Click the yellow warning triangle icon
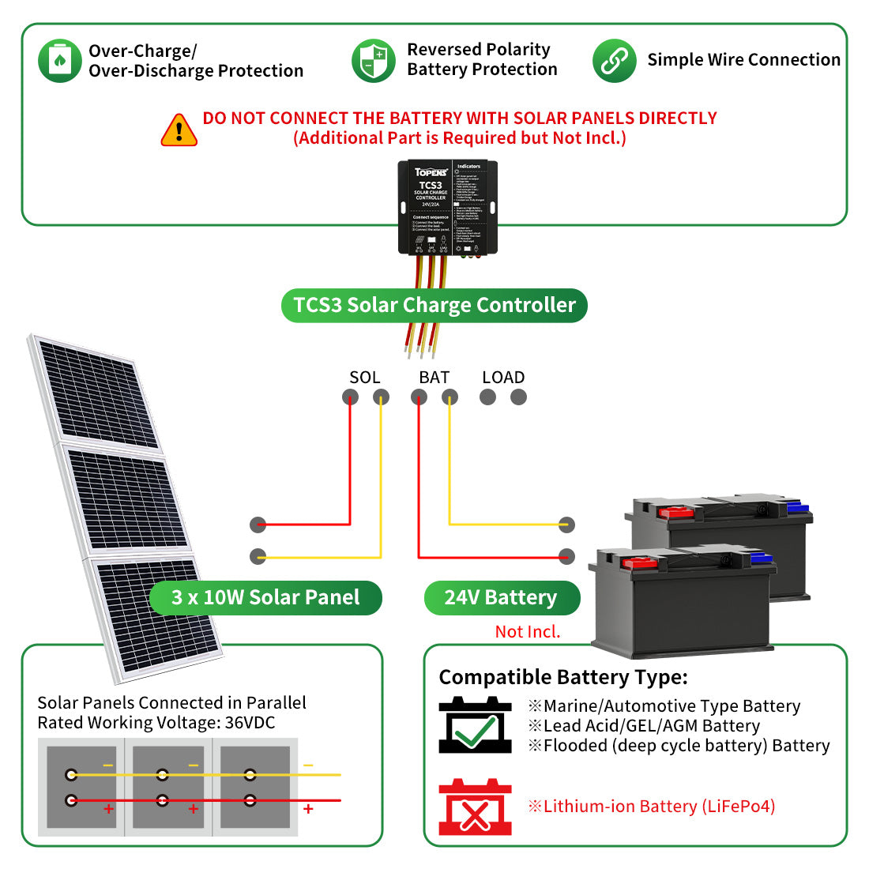(179, 130)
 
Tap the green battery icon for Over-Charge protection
(60, 61)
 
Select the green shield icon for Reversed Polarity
(373, 61)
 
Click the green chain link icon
(614, 61)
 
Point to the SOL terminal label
(364, 378)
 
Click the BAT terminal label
(434, 378)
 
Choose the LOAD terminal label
(503, 378)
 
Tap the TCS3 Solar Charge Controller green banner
(434, 305)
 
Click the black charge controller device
(447, 207)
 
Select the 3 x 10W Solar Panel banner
(265, 598)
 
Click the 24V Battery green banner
(501, 598)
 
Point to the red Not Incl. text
(527, 632)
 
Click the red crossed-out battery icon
(475, 807)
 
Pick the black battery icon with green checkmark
(475, 725)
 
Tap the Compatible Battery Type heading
(563, 678)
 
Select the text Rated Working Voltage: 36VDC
(156, 723)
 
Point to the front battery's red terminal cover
(637, 563)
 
